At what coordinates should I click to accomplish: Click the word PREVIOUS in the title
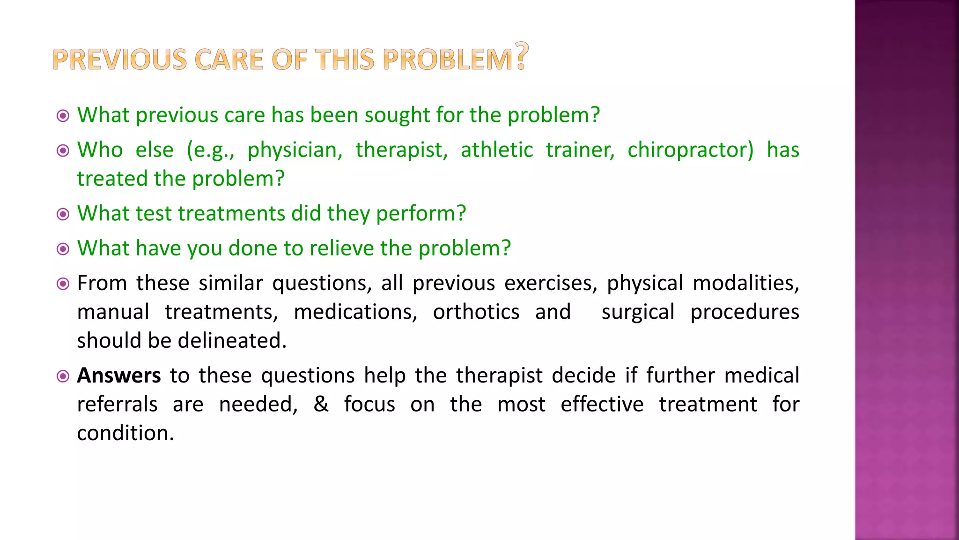click(x=120, y=60)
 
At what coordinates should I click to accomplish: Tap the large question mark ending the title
click(x=522, y=56)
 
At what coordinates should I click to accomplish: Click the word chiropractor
click(x=690, y=150)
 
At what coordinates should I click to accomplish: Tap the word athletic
click(x=497, y=150)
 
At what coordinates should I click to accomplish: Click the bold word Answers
click(x=119, y=376)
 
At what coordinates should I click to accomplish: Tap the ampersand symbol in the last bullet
click(x=321, y=404)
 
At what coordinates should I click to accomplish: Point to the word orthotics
click(x=476, y=312)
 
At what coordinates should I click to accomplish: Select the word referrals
click(x=117, y=405)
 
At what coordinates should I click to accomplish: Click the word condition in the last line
click(x=125, y=433)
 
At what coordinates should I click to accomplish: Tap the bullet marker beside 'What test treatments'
click(x=63, y=214)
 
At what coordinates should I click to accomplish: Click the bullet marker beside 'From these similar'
click(x=63, y=284)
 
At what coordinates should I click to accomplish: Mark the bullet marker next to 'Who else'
click(x=63, y=150)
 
